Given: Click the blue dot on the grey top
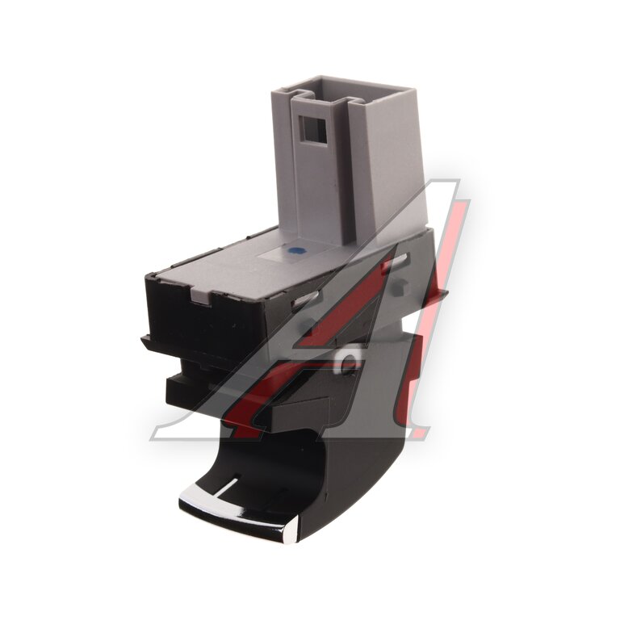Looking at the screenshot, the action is (x=294, y=250).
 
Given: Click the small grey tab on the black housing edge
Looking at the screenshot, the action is (x=201, y=295).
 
